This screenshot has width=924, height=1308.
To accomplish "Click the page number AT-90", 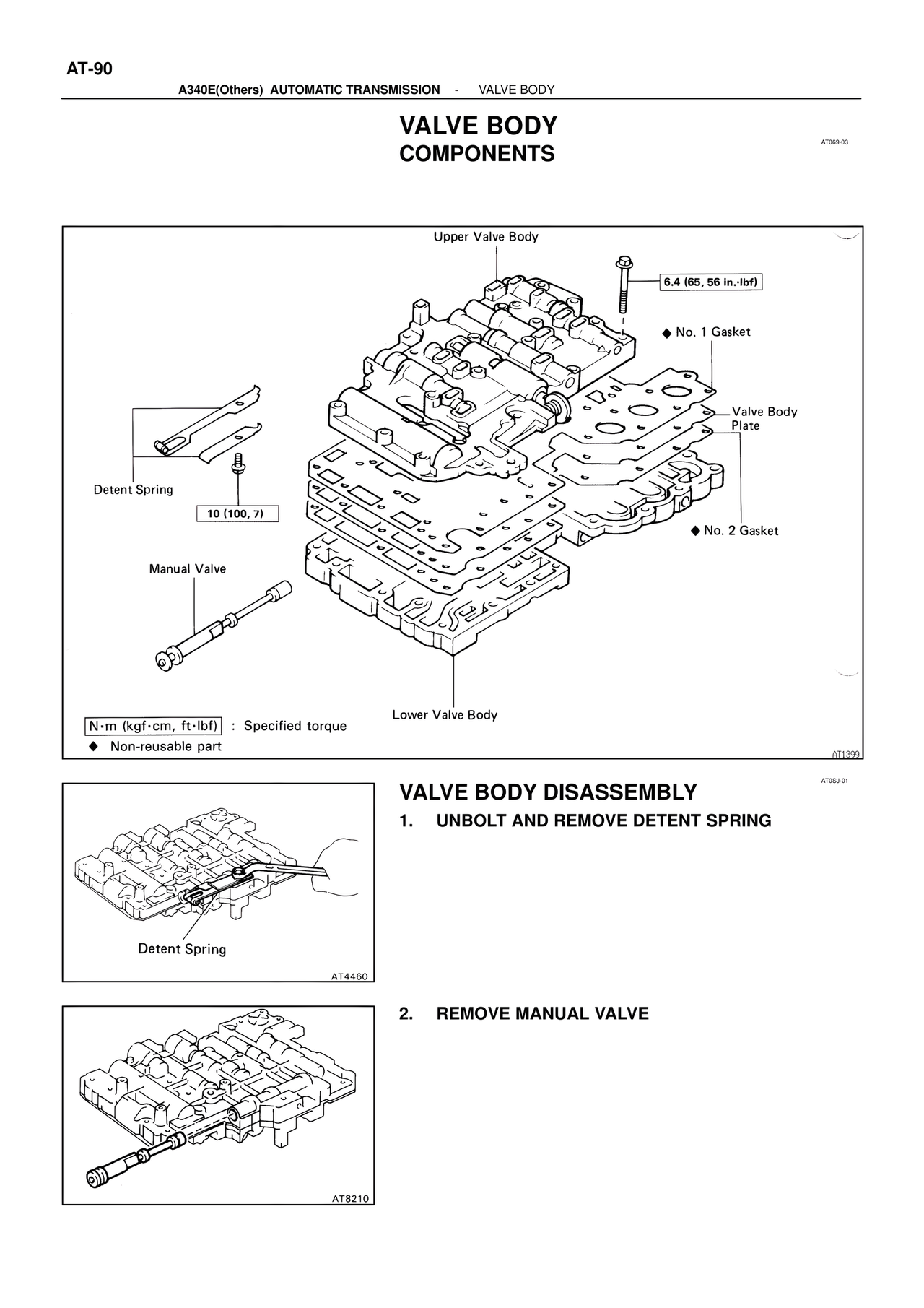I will (x=90, y=69).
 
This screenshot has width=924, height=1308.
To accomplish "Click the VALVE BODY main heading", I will (x=478, y=126).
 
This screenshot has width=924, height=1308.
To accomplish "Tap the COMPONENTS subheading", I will (x=476, y=154).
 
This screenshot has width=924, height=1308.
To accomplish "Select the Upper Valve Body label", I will (x=486, y=237).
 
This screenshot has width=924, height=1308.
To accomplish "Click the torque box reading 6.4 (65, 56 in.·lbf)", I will (x=712, y=282).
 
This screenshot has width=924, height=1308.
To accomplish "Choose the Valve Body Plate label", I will (x=764, y=418).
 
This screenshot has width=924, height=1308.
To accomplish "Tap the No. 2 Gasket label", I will (x=740, y=531).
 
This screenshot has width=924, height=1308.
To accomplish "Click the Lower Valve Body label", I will (x=445, y=715).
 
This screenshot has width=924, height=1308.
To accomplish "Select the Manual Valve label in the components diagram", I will (x=187, y=569).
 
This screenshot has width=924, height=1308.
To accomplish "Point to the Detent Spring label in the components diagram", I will (x=134, y=490).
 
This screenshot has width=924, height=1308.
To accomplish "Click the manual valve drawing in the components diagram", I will (x=220, y=623).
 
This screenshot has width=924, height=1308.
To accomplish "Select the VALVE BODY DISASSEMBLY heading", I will (x=548, y=792).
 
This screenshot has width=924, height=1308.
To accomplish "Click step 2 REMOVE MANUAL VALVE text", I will (x=542, y=1013).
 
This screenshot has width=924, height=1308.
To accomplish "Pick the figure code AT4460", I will (x=350, y=977).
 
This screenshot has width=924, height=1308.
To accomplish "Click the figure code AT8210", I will (x=350, y=1199).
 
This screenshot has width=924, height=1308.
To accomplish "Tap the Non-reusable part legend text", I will (x=165, y=746).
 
